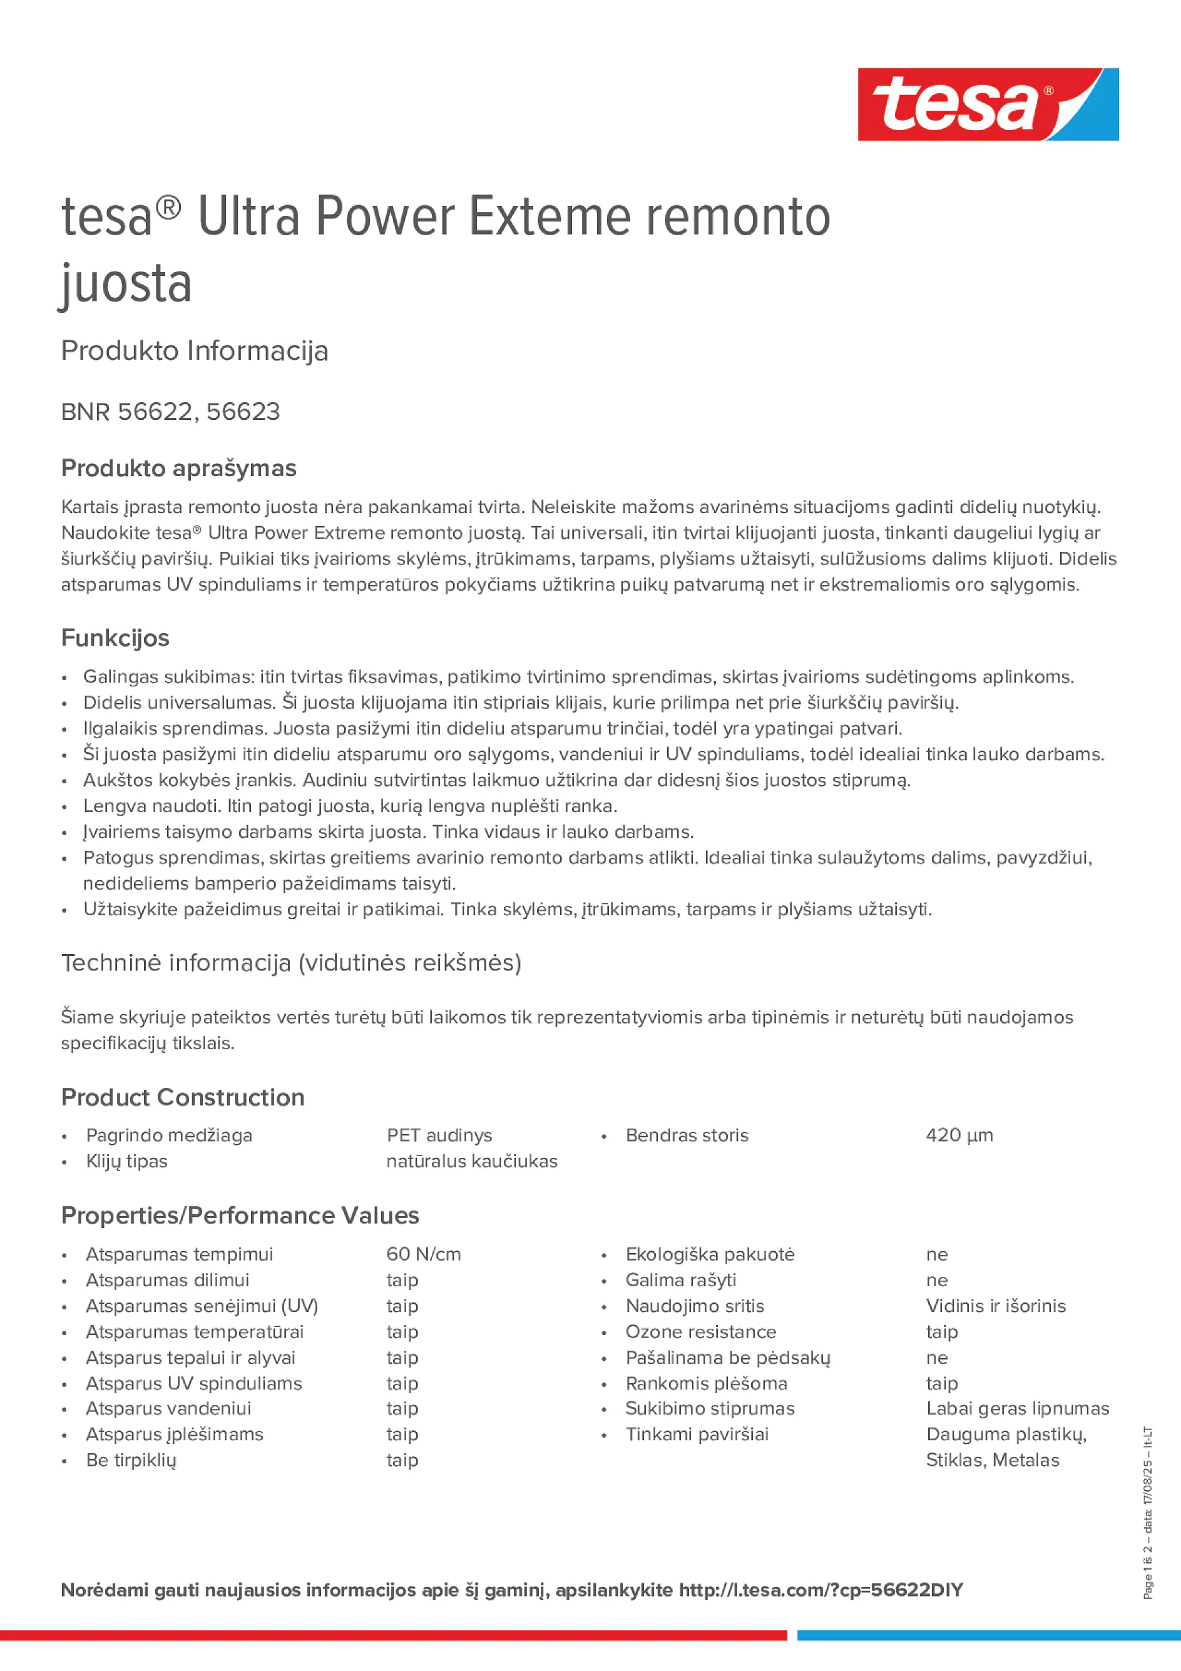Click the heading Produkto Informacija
click(195, 351)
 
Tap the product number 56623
click(243, 412)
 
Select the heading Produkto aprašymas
click(178, 468)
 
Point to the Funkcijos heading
click(115, 637)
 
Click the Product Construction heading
click(183, 1097)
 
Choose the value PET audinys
click(439, 1135)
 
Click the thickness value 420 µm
click(959, 1135)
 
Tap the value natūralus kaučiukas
click(472, 1161)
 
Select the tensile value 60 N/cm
click(423, 1254)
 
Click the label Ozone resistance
click(700, 1332)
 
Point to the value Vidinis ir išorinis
click(995, 1306)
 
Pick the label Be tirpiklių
click(131, 1460)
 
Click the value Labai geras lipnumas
click(1017, 1408)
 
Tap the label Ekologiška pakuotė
click(710, 1254)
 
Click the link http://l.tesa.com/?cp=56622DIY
click(821, 1590)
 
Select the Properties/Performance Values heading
click(240, 1216)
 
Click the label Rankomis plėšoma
click(706, 1383)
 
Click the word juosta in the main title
click(126, 284)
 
